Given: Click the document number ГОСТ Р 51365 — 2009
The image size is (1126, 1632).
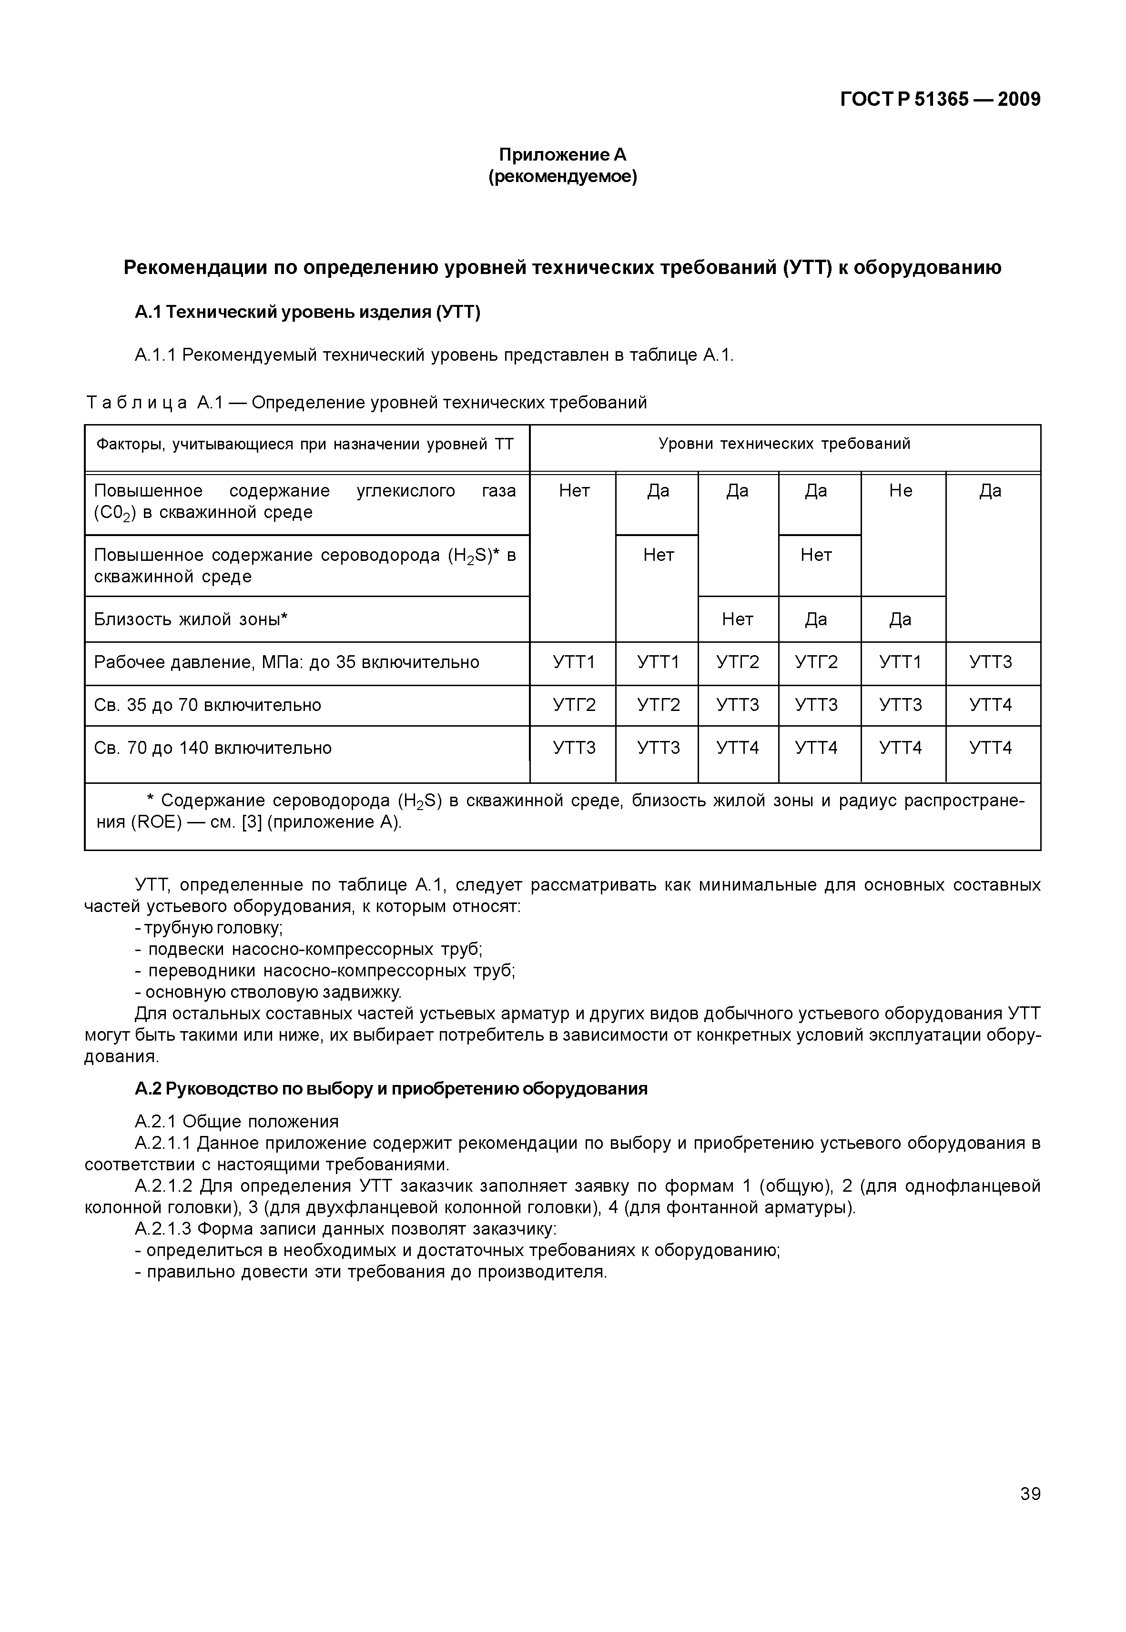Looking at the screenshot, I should tap(940, 100).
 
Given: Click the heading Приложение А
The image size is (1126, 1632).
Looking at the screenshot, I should tap(562, 154).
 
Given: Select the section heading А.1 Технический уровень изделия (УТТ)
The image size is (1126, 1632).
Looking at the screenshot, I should tap(308, 312).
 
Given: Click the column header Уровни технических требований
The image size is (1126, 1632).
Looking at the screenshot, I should tap(784, 444).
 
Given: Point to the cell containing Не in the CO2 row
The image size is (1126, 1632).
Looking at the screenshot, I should tap(901, 491).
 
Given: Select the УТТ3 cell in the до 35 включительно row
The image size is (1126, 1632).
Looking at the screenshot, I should tap(991, 662).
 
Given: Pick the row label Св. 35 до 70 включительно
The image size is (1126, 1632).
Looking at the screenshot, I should tap(207, 705).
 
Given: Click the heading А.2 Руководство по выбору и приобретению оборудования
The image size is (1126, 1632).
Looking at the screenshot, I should tap(391, 1089).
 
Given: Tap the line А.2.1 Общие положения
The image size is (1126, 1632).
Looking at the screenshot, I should tap(236, 1121).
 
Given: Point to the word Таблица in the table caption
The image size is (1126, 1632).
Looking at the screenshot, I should tap(137, 403).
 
